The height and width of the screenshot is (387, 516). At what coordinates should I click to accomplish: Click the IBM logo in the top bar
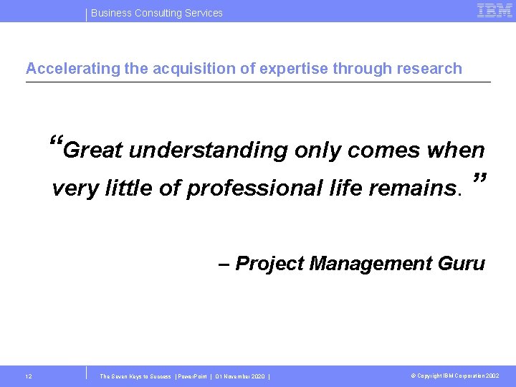[x=494, y=11]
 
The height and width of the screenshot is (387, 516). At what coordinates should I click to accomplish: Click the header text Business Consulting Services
[x=157, y=13]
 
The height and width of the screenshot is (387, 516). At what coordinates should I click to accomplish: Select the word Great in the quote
[x=93, y=150]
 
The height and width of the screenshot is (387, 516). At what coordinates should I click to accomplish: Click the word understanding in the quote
[x=208, y=150]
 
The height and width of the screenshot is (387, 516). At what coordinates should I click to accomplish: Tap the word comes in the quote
[x=383, y=150]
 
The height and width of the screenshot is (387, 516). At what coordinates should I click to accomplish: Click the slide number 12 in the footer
[x=28, y=376]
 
